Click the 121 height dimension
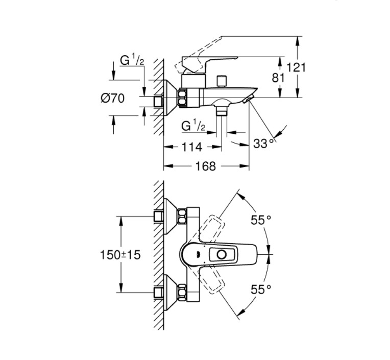pyautogui.click(x=297, y=67)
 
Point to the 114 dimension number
pyautogui.click(x=192, y=147)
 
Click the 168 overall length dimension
pyautogui.click(x=206, y=166)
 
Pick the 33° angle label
pyautogui.click(x=263, y=143)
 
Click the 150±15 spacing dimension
pyautogui.click(x=120, y=254)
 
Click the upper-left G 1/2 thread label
pyautogui.click(x=132, y=60)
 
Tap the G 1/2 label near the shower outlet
pyautogui.click(x=193, y=125)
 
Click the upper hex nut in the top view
pyautogui.click(x=182, y=217)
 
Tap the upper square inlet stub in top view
pyautogui.click(x=159, y=217)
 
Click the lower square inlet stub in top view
pyautogui.click(x=159, y=293)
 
